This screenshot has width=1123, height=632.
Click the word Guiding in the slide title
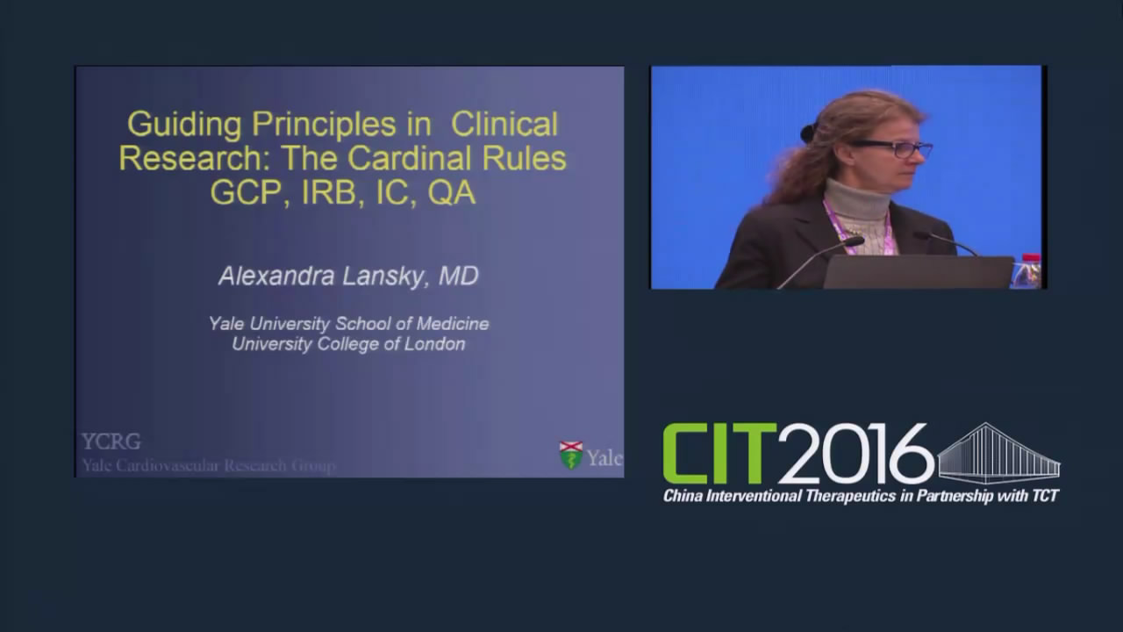(184, 126)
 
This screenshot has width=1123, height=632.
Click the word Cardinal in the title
(409, 158)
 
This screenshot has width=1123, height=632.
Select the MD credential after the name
(458, 276)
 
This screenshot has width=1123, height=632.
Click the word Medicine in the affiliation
(453, 324)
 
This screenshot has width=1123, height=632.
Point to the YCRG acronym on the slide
(111, 442)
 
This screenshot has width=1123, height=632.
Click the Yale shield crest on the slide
(571, 455)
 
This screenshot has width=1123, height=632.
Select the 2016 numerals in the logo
(855, 454)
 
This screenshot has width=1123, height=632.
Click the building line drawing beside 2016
(998, 453)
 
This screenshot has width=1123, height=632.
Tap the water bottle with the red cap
(1027, 271)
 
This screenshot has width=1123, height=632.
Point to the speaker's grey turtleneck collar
(858, 198)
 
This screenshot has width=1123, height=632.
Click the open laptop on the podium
(919, 272)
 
